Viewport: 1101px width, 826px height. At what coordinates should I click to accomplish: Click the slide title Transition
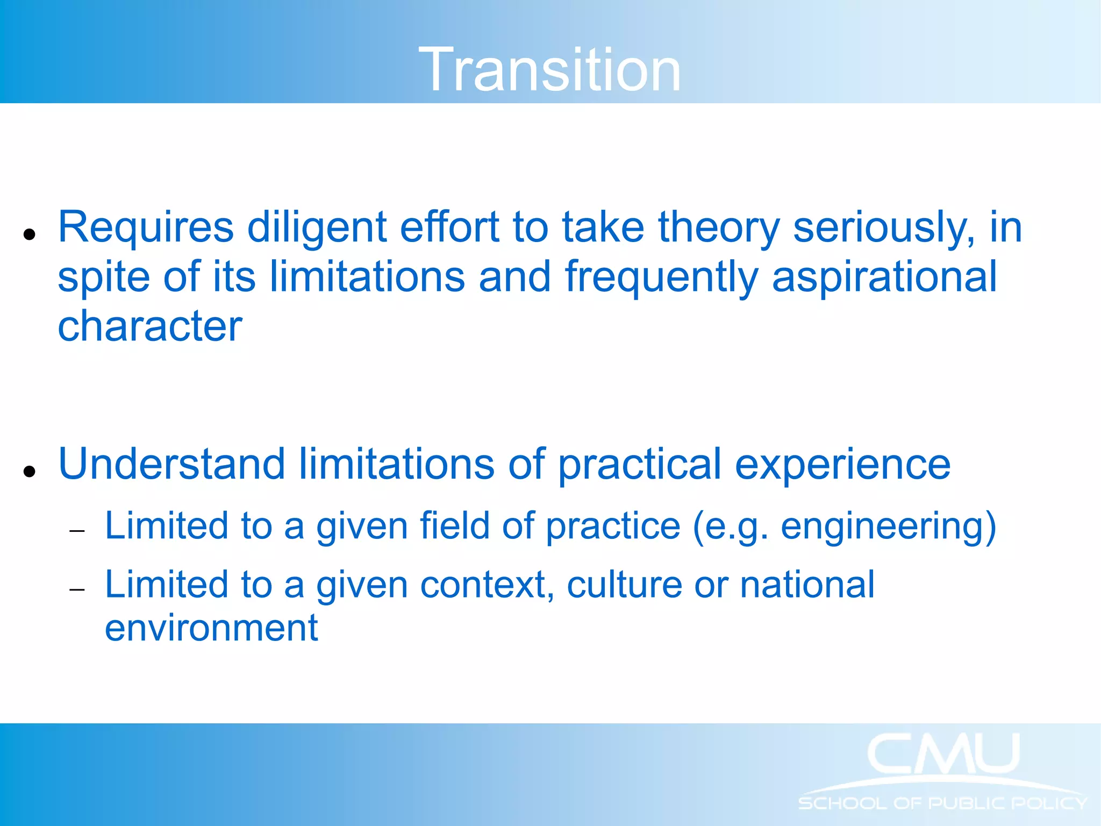[549, 70]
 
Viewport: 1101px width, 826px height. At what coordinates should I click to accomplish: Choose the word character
[150, 327]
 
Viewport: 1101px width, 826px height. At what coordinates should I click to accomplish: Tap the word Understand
[171, 465]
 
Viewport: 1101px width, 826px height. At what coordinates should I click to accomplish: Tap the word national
[807, 585]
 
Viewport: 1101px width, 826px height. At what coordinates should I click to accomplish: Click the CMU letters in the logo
[943, 754]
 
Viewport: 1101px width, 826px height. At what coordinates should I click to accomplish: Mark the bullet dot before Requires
[30, 234]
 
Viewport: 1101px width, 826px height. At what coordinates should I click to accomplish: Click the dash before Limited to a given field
[77, 531]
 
